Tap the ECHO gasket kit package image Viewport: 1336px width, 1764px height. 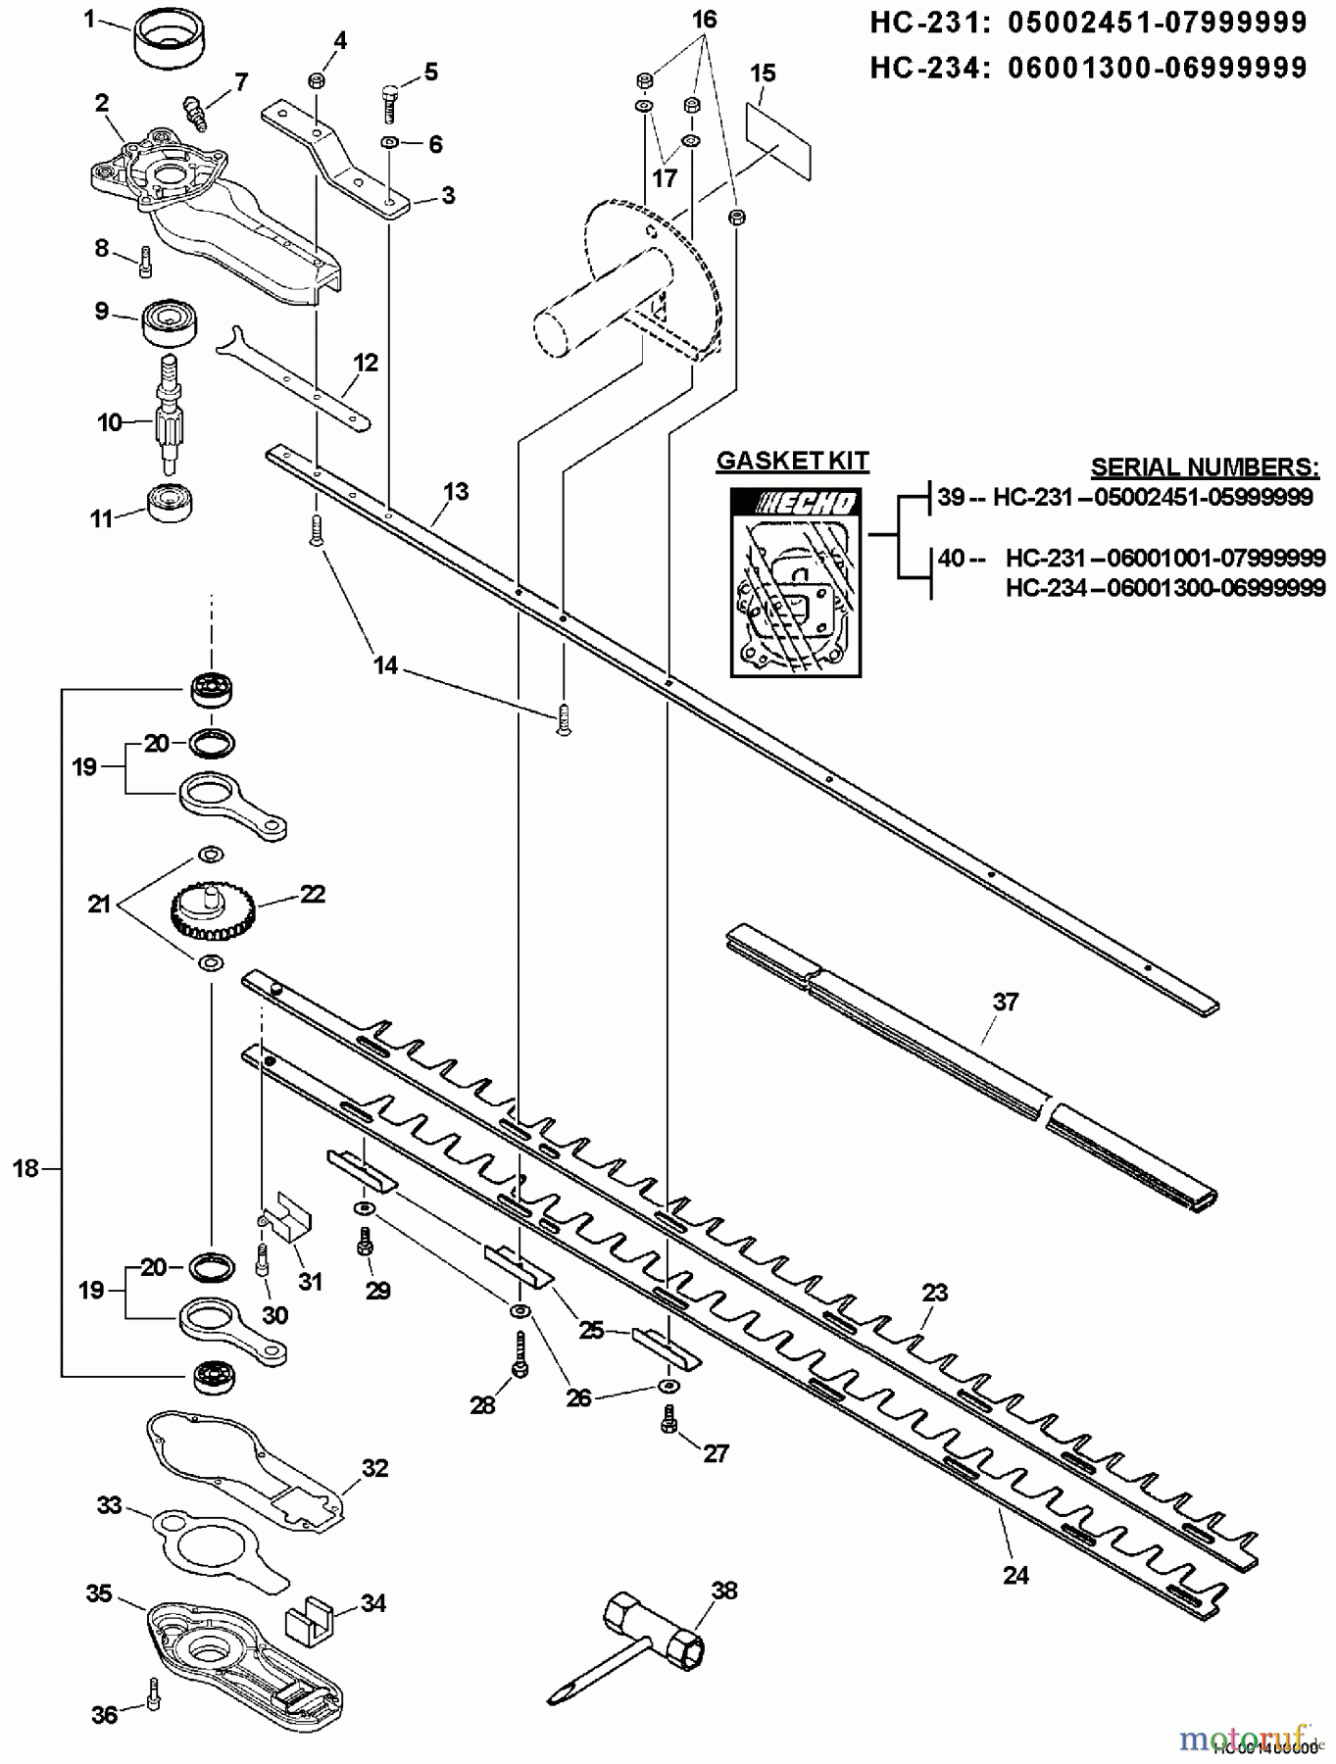[x=796, y=582]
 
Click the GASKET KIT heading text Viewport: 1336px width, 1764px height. [x=792, y=461]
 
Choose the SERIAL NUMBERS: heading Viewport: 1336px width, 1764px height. [x=1205, y=465]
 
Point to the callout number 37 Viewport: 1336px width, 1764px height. [x=1006, y=1002]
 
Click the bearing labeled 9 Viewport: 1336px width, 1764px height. [x=171, y=323]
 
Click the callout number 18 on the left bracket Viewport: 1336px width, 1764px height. [x=25, y=1167]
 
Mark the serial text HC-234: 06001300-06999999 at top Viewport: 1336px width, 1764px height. [x=1088, y=67]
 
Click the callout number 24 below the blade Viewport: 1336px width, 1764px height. [x=1015, y=1575]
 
